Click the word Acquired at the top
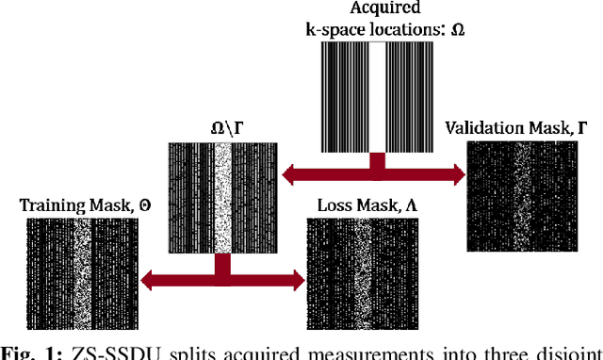tap(379, 10)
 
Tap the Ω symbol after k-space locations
tap(458, 28)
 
